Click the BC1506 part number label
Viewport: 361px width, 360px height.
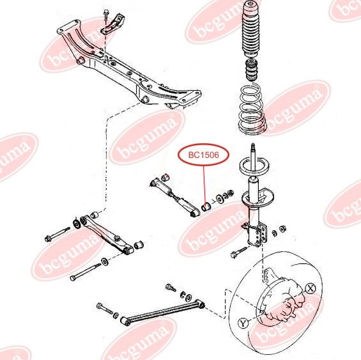[203, 155]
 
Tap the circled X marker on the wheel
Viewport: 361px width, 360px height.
[311, 288]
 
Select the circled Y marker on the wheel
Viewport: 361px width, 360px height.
[243, 323]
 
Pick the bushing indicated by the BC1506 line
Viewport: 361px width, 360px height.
[205, 207]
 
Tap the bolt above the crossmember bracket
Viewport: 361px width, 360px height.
[106, 15]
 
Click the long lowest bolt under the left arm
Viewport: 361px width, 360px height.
[85, 272]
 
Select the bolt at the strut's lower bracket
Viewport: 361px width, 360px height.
[239, 252]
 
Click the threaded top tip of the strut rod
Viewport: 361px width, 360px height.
[253, 146]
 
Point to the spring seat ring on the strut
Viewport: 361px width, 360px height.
[254, 166]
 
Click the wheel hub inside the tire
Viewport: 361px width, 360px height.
[286, 300]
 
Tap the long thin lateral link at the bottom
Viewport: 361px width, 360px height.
[162, 311]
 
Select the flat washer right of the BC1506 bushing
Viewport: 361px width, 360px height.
[219, 199]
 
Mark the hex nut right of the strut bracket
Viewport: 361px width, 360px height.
[282, 229]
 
